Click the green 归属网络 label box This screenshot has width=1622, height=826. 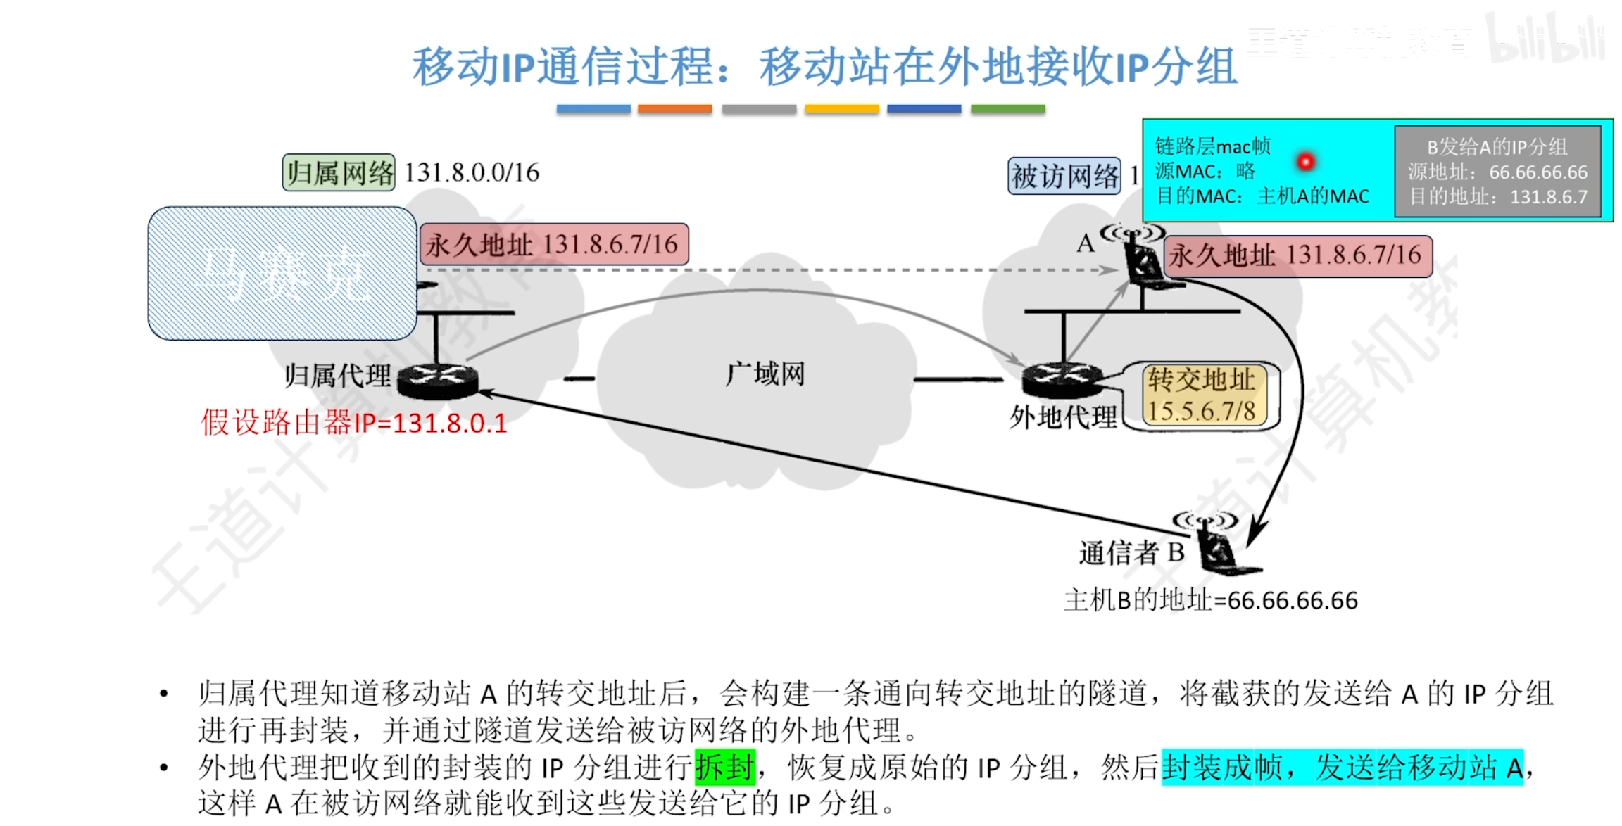click(339, 172)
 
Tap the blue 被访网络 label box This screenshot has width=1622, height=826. click(1064, 176)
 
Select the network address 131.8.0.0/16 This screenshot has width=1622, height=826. click(472, 172)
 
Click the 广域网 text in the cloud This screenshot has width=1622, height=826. click(765, 374)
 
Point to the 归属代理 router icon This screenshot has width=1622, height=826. click(438, 380)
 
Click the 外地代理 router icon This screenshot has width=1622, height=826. click(1062, 380)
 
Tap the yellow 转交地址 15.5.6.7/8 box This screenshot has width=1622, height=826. click(1202, 395)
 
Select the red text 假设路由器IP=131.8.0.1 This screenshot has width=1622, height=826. click(354, 423)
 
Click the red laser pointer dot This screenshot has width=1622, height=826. click(1305, 162)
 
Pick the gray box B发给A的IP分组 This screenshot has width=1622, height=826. click(1497, 172)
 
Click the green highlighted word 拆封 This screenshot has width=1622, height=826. click(724, 766)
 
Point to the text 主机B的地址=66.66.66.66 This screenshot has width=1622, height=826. click(1210, 600)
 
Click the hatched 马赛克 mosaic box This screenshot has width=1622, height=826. click(282, 273)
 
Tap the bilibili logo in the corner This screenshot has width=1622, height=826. click(1546, 39)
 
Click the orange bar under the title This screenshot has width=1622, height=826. click(674, 109)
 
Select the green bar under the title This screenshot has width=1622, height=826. click(1007, 109)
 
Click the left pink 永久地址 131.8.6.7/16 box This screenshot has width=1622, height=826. click(554, 244)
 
